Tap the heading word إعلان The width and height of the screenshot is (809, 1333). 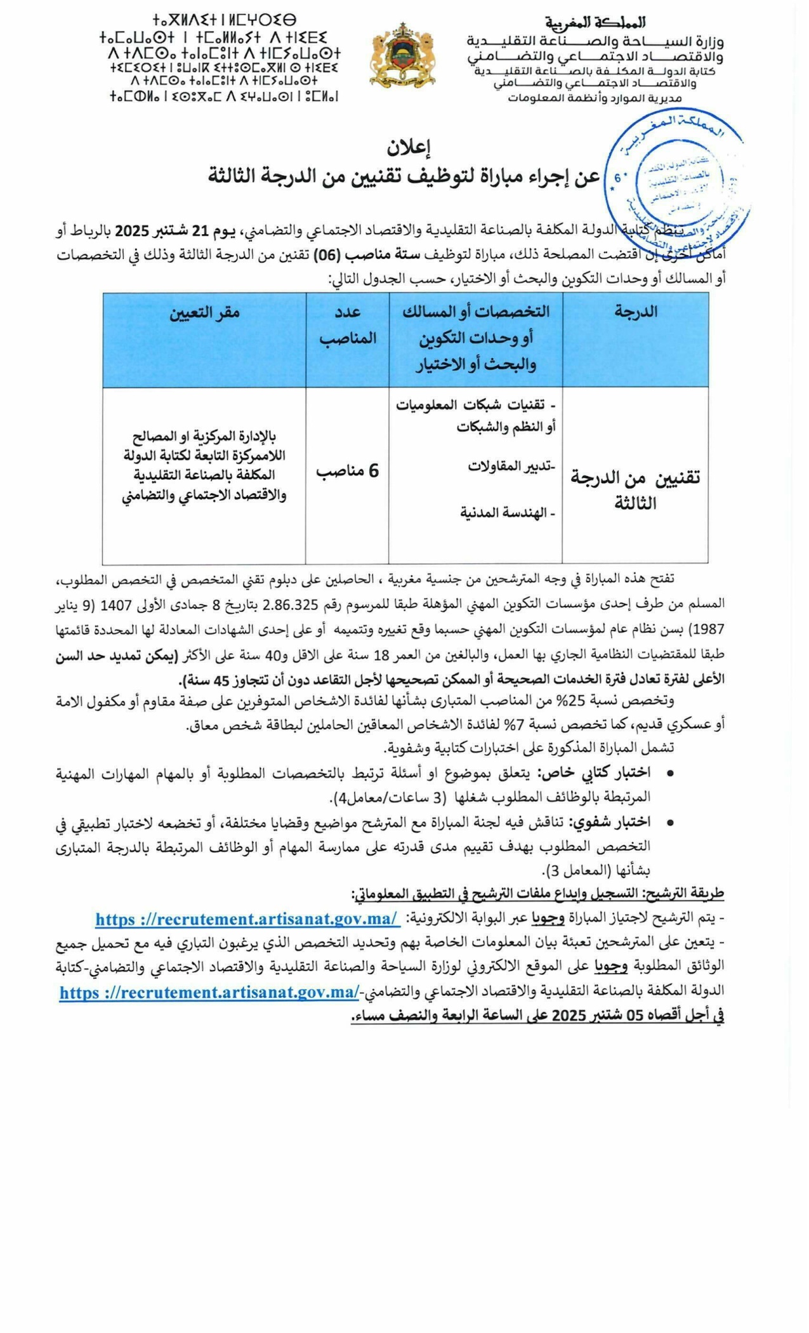(x=409, y=147)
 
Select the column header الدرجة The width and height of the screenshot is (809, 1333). (x=635, y=312)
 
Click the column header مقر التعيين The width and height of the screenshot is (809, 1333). (x=204, y=312)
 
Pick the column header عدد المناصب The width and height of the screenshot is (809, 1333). (x=347, y=324)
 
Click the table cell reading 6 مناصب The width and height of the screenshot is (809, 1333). (x=347, y=471)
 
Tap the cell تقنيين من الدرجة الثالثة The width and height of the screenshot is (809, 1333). (x=635, y=490)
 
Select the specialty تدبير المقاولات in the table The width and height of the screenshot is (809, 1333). (x=511, y=467)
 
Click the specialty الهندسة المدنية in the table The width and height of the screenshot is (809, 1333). (x=508, y=513)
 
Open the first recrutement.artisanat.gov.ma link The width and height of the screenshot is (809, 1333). (x=247, y=919)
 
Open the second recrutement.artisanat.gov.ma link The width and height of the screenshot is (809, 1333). (x=209, y=993)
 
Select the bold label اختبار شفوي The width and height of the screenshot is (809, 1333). (x=610, y=822)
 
